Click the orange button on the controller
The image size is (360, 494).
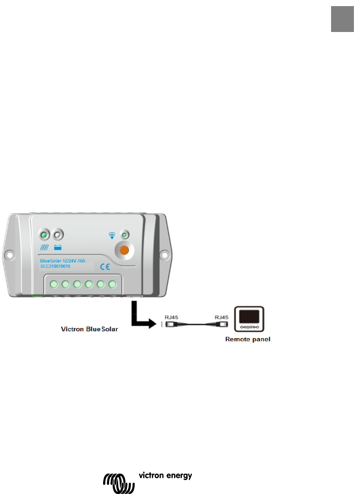click(x=123, y=249)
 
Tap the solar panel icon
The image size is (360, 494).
click(x=44, y=248)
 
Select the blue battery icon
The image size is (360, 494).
click(x=58, y=248)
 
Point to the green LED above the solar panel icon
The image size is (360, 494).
click(x=44, y=235)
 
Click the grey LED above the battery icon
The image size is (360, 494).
click(x=58, y=235)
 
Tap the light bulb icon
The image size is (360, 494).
click(x=113, y=235)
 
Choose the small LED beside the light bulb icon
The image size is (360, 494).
click(x=123, y=235)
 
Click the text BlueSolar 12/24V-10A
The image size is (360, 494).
click(x=63, y=260)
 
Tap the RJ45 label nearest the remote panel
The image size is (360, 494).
click(x=222, y=317)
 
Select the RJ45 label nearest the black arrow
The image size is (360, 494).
click(x=172, y=317)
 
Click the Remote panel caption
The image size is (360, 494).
click(x=247, y=339)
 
